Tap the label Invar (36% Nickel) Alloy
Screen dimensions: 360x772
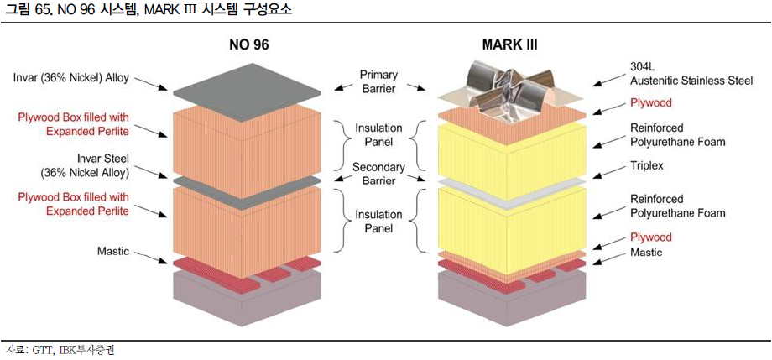point(71,78)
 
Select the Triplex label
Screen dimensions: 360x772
point(647,166)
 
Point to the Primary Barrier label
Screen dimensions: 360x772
point(378,81)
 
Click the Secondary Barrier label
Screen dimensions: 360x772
point(378,173)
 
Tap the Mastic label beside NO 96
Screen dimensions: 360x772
point(112,251)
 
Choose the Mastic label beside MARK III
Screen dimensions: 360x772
point(646,252)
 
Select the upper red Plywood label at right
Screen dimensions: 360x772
point(651,103)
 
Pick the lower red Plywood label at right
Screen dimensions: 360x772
point(651,237)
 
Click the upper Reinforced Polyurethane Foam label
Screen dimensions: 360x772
point(678,135)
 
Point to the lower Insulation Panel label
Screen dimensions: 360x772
point(378,221)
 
